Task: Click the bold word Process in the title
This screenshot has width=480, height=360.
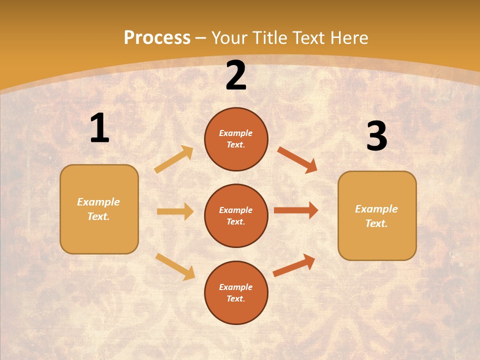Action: tap(157, 37)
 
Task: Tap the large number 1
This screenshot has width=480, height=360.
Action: tap(99, 128)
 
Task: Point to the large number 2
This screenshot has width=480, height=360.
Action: tap(236, 76)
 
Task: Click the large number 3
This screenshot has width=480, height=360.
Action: tap(376, 136)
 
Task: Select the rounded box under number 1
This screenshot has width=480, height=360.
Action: tap(99, 209)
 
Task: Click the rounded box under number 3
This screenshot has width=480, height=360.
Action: tap(377, 215)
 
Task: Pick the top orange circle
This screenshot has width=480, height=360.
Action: tap(236, 139)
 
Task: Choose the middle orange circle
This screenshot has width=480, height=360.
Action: tap(236, 215)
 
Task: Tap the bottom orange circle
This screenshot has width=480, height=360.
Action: tap(236, 292)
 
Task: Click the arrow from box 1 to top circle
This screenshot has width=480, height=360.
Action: tap(174, 159)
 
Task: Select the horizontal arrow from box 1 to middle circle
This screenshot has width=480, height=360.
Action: tap(175, 211)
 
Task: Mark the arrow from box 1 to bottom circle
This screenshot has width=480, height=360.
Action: tap(175, 266)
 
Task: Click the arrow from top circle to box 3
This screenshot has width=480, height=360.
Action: tap(297, 159)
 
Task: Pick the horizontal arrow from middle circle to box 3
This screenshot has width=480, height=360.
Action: tap(296, 210)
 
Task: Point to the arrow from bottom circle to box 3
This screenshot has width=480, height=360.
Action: tap(294, 265)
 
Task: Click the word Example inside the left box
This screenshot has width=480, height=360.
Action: tap(98, 202)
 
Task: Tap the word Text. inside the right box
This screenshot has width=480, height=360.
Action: tap(376, 223)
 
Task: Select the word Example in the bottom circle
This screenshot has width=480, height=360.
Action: tap(235, 287)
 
